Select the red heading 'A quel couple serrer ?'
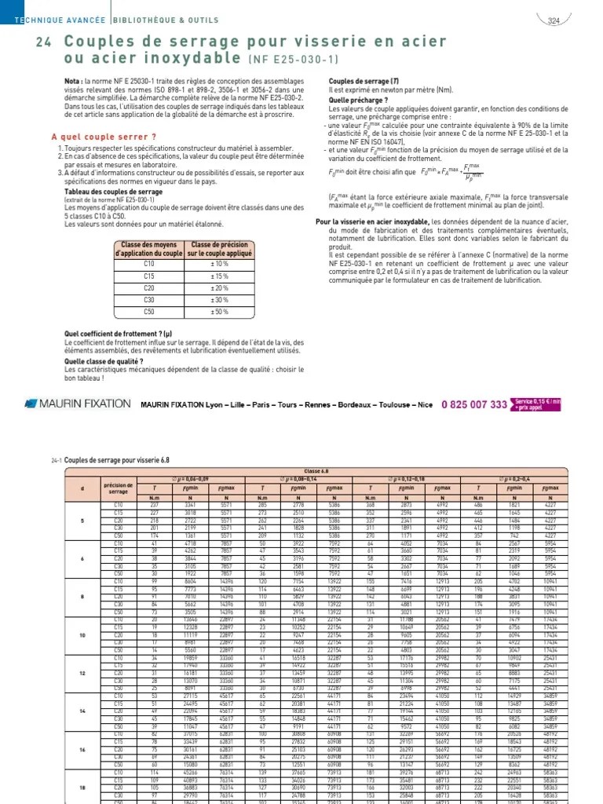point(93,136)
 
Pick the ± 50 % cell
point(221,311)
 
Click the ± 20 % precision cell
point(221,287)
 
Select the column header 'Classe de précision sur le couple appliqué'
point(221,250)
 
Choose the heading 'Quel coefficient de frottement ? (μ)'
point(117,334)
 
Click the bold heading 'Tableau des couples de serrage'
point(113,191)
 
